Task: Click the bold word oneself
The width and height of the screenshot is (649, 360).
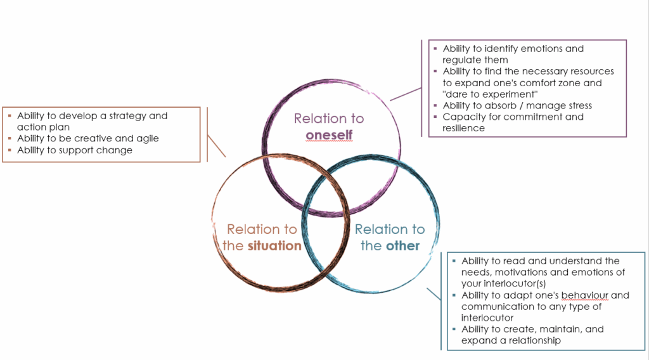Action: pyautogui.click(x=329, y=135)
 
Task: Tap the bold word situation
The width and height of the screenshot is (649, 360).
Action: pyautogui.click(x=274, y=245)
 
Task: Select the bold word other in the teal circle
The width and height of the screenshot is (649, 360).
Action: pyautogui.click(x=403, y=245)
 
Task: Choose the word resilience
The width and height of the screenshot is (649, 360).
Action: pyautogui.click(x=464, y=129)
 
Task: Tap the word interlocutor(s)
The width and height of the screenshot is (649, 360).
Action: pyautogui.click(x=515, y=284)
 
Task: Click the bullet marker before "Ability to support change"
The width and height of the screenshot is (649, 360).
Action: pyautogui.click(x=10, y=150)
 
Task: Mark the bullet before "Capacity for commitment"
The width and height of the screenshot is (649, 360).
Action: pyautogui.click(x=435, y=117)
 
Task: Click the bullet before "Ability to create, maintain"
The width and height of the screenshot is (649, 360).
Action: pyautogui.click(x=454, y=330)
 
